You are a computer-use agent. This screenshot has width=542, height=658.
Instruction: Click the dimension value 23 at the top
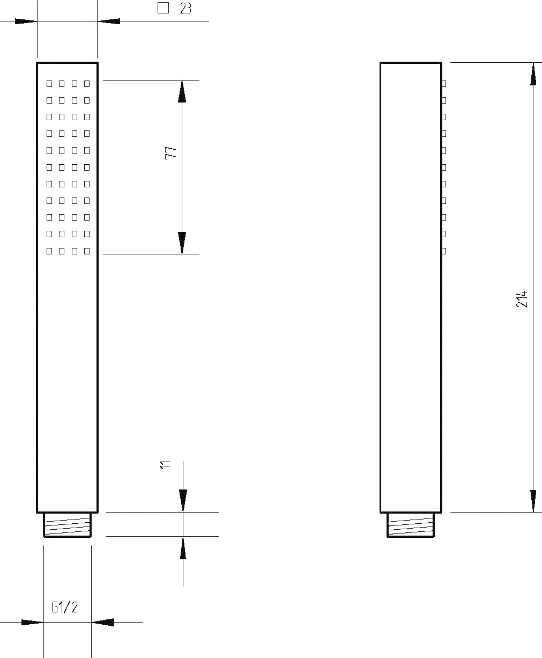185,9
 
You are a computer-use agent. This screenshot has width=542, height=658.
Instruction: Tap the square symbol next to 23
163,8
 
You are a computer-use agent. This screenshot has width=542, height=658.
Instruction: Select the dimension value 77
171,152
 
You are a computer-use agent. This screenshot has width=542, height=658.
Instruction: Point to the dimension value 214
522,299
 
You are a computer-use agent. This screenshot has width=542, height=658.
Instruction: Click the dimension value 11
165,465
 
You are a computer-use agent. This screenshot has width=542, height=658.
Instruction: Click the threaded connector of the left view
68,525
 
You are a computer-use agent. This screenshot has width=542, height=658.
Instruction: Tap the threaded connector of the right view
411,525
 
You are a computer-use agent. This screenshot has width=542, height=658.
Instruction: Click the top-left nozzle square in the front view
49,84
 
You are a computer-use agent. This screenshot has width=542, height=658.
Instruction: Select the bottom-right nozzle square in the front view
87,251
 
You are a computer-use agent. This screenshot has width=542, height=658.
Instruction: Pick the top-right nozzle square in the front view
87,84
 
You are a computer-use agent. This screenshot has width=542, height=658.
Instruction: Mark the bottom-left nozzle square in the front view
49,251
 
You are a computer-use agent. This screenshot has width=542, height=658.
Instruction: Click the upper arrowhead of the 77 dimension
182,91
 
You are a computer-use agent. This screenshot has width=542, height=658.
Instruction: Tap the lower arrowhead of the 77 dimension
182,243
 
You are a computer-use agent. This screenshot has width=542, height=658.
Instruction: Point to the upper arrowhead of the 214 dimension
533,74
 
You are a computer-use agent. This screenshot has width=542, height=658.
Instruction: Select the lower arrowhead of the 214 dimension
533,501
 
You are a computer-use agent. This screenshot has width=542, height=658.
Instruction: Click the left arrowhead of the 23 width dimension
26,21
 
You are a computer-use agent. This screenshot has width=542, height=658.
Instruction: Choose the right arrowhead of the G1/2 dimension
102,622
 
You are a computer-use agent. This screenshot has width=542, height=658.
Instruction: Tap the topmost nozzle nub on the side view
444,84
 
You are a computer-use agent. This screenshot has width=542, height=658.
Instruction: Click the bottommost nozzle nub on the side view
444,251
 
